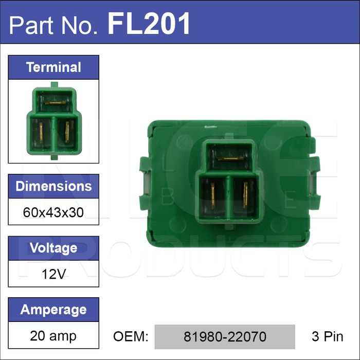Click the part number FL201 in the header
coord(149,24)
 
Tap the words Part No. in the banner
coord(53,25)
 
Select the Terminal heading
coord(53,67)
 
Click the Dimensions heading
coord(53,186)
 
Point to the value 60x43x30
coord(53,212)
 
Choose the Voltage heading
coord(53,248)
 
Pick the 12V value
coord(53,274)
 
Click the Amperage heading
coord(53,310)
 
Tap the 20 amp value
coord(53,336)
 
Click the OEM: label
coord(131,336)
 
